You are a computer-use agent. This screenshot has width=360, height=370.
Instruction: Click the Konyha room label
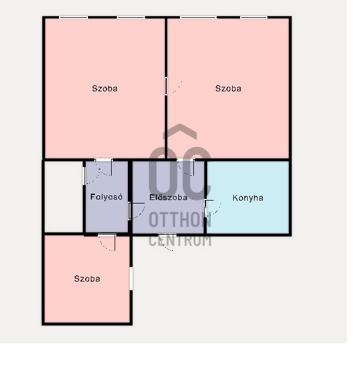pos(248,198)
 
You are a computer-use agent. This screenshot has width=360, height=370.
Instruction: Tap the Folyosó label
pos(106,197)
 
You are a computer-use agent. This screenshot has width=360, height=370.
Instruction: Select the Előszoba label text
pos(168,197)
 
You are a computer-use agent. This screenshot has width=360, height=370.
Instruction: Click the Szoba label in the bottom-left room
pos(87,279)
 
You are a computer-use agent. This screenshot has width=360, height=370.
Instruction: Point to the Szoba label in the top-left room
pos(105,88)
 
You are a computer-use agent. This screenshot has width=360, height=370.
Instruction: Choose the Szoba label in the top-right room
pos(229,88)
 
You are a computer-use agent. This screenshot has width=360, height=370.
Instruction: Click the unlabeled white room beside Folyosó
pos(64,197)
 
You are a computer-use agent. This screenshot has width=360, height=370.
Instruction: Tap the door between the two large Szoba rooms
pos(174,86)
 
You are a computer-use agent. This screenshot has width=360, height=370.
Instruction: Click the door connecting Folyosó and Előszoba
pos(137,211)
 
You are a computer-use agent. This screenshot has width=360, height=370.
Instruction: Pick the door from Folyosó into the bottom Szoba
pos(107,242)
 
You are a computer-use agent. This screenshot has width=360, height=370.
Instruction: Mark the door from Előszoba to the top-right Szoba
pos(186,168)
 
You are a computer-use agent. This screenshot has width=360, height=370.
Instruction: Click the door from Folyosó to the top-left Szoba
pos(104,168)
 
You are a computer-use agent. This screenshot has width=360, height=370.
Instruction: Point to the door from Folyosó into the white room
pos(91,176)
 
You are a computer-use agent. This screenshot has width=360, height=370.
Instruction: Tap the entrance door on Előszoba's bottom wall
pos(167,243)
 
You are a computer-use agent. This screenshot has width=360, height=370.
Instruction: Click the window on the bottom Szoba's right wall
pos(131,279)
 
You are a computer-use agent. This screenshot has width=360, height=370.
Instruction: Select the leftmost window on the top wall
pos(74,17)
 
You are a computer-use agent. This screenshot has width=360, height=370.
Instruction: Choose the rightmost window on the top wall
pos(254,17)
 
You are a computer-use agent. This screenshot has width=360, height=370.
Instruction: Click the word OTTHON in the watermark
pos(180,219)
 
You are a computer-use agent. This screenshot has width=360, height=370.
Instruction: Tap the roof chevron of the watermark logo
pos(180,131)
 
